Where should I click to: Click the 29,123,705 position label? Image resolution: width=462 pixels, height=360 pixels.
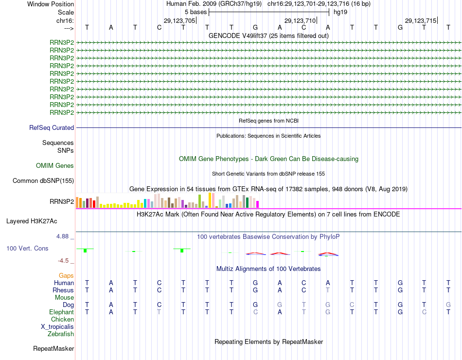pyautogui.click(x=179, y=20)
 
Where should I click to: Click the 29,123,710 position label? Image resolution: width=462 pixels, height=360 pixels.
pyautogui.click(x=300, y=20)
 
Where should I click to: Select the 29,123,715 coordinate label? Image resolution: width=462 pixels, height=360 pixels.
pyautogui.click(x=421, y=20)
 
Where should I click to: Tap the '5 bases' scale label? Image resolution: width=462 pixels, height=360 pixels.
pyautogui.click(x=195, y=12)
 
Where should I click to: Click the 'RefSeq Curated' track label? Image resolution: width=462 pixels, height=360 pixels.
pyautogui.click(x=52, y=128)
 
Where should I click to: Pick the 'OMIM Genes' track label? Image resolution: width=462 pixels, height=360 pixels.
pyautogui.click(x=55, y=166)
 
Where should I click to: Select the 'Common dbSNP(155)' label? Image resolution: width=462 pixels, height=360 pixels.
pyautogui.click(x=43, y=181)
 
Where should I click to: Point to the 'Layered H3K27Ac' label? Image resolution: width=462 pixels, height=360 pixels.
pyautogui.click(x=32, y=221)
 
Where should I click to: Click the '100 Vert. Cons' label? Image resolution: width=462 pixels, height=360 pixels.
pyautogui.click(x=27, y=249)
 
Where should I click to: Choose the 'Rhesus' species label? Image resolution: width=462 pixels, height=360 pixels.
pyautogui.click(x=63, y=290)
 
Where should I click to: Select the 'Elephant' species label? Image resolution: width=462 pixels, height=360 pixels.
pyautogui.click(x=62, y=312)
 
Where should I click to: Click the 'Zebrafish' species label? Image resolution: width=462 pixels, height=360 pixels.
pyautogui.click(x=61, y=334)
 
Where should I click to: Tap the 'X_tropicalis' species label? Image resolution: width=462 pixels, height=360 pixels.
pyautogui.click(x=57, y=327)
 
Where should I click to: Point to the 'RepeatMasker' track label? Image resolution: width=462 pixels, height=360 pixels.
pyautogui.click(x=53, y=349)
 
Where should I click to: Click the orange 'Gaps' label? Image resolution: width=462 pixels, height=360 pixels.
pyautogui.click(x=67, y=276)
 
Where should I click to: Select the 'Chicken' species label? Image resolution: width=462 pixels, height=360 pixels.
pyautogui.click(x=63, y=320)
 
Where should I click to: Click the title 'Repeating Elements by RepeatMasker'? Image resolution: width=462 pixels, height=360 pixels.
pyautogui.click(x=269, y=342)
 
